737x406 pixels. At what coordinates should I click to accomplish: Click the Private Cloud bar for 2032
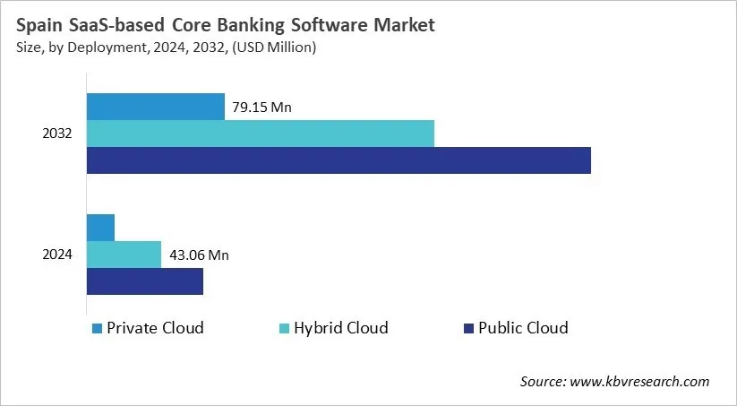[155, 107]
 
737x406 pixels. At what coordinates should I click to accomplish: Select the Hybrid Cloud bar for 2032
[260, 134]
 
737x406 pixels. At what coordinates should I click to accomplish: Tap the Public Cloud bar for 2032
[339, 160]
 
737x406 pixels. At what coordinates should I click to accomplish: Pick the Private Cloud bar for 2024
[100, 228]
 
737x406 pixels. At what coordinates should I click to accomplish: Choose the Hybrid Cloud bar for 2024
[124, 255]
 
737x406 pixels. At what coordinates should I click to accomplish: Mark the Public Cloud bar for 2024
[144, 281]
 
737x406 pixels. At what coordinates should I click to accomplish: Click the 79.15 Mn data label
[262, 108]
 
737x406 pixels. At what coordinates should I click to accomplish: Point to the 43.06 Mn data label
[199, 255]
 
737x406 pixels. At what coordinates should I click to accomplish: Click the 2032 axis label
[57, 134]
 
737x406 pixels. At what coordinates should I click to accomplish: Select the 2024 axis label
[57, 255]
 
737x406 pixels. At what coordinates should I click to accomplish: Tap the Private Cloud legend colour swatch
[97, 329]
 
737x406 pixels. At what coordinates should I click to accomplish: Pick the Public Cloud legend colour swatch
[467, 329]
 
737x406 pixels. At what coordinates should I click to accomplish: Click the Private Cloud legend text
[155, 328]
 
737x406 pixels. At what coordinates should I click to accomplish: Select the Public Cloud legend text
[524, 328]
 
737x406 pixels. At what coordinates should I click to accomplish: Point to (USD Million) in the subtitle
[274, 48]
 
